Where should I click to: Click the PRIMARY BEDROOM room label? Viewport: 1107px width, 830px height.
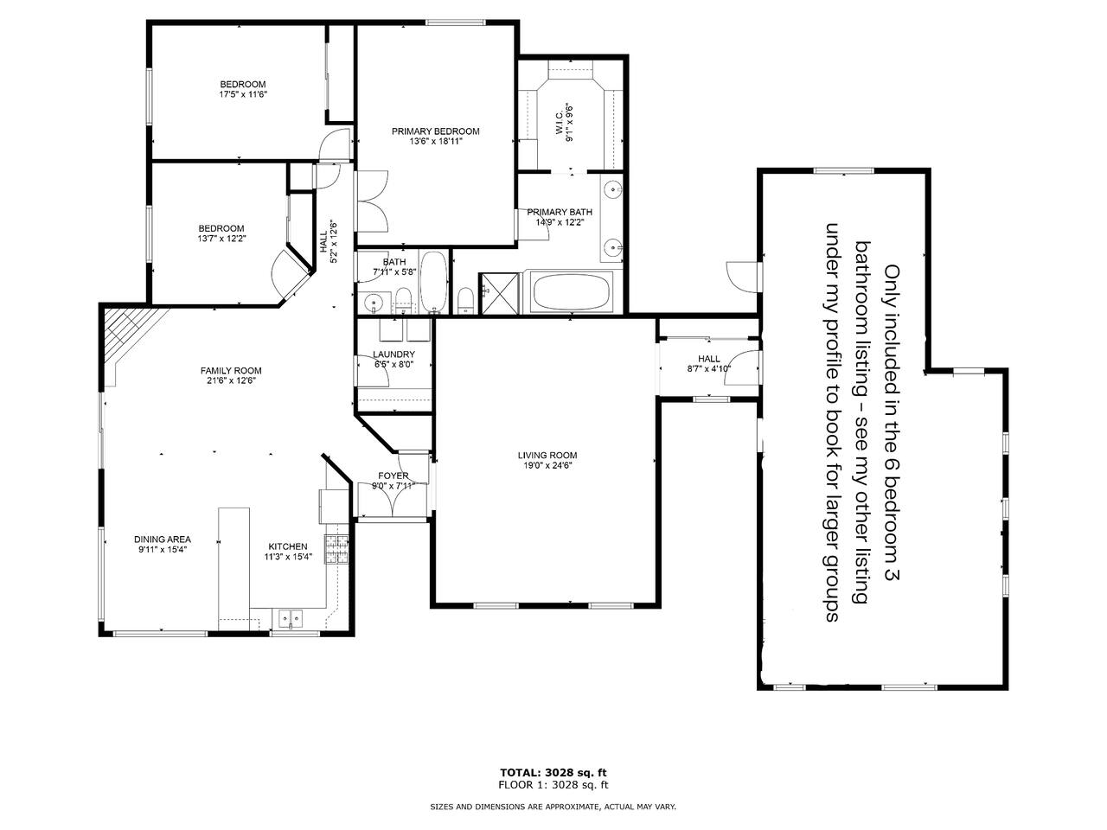tap(435, 131)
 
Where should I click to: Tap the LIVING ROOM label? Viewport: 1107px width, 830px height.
tap(547, 455)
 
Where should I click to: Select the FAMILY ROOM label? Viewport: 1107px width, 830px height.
tap(231, 371)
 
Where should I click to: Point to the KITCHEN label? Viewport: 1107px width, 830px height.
tap(287, 546)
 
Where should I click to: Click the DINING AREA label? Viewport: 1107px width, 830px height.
tap(163, 539)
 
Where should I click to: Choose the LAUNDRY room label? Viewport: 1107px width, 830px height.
tap(394, 354)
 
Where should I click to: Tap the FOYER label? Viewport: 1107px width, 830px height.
tap(394, 476)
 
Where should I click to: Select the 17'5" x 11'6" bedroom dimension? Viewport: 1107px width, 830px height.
tap(242, 94)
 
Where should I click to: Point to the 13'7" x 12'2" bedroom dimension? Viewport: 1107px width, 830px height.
tap(221, 239)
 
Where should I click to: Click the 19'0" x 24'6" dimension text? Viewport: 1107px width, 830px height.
tap(547, 465)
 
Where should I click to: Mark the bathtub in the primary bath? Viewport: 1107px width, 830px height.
tap(571, 292)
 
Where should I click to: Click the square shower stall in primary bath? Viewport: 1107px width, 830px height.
tap(499, 294)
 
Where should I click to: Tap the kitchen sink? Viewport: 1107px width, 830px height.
tap(290, 618)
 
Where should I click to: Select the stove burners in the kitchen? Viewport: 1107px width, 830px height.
tap(336, 549)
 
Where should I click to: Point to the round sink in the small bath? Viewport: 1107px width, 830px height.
tap(374, 303)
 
